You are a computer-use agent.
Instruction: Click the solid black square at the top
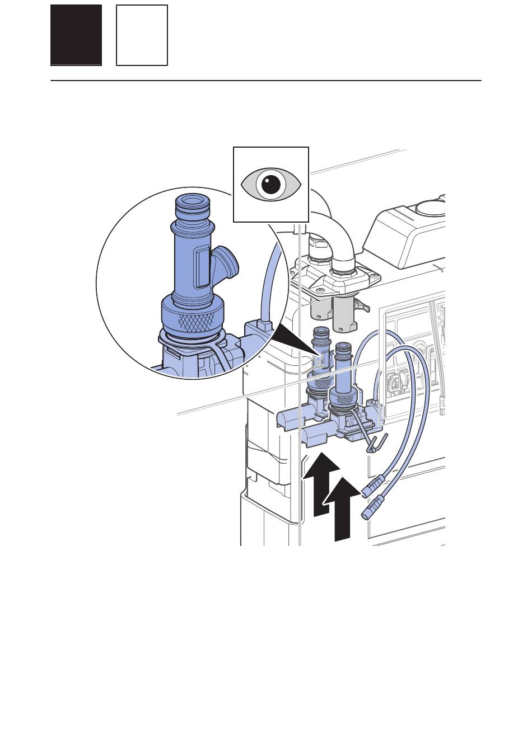(x=76, y=35)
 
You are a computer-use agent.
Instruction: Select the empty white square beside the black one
(x=142, y=35)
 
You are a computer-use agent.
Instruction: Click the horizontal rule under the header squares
(x=266, y=81)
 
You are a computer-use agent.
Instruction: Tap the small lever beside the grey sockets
(x=363, y=306)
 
